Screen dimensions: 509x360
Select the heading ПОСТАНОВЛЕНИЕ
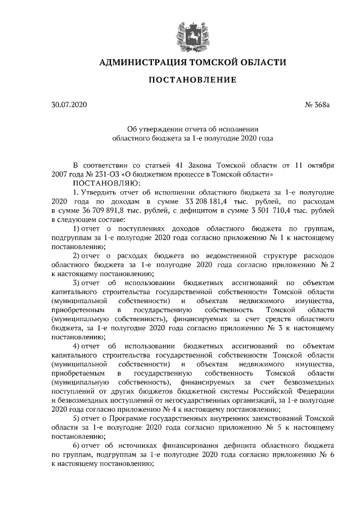tap(192, 80)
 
